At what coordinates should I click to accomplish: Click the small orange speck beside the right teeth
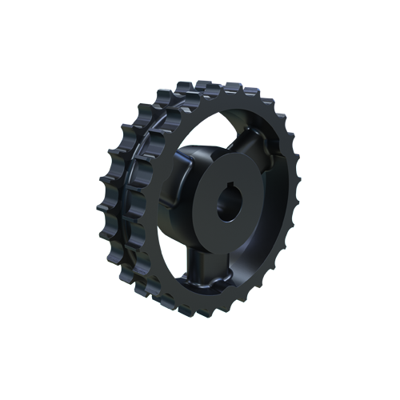coord(300,150)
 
